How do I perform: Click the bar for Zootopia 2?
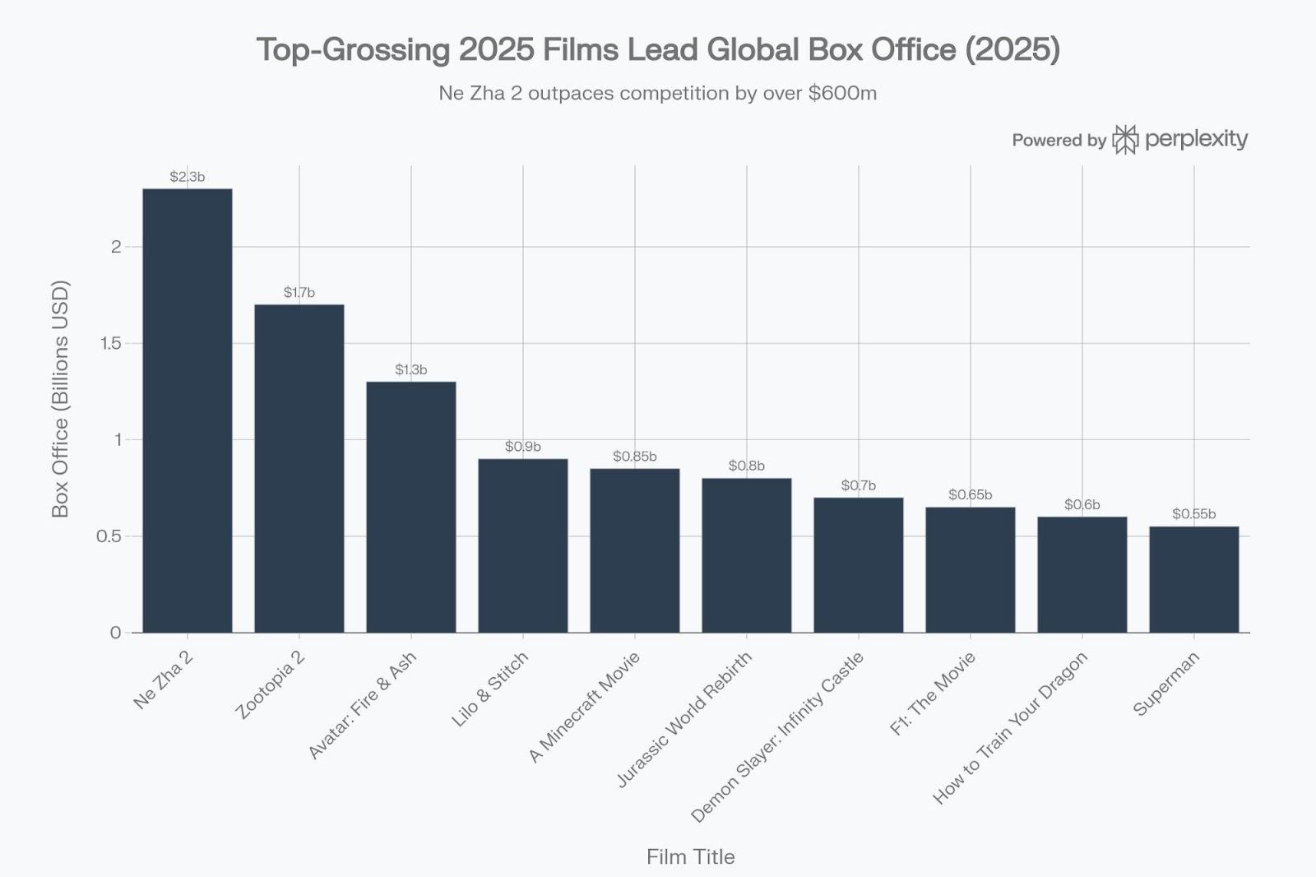pos(299,468)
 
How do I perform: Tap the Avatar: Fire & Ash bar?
pos(411,507)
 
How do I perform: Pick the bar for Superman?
pos(1194,579)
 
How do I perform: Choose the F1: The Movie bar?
pos(971,569)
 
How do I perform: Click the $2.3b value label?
pos(188,177)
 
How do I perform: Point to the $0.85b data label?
pos(635,457)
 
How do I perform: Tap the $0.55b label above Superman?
pos(1194,514)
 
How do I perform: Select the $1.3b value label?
pos(411,370)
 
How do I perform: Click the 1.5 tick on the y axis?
pos(110,343)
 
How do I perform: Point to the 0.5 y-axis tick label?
pos(109,536)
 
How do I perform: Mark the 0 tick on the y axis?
pos(115,633)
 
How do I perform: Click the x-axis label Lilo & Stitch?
pos(490,689)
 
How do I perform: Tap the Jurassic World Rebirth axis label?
pos(684,719)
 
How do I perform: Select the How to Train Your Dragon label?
pos(1011,728)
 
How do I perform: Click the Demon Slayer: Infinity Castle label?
pos(777,737)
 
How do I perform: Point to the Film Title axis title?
pos(690,857)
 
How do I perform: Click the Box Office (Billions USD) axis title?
pos(60,399)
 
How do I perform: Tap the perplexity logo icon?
pos(1125,140)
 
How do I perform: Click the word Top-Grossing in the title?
pos(353,49)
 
